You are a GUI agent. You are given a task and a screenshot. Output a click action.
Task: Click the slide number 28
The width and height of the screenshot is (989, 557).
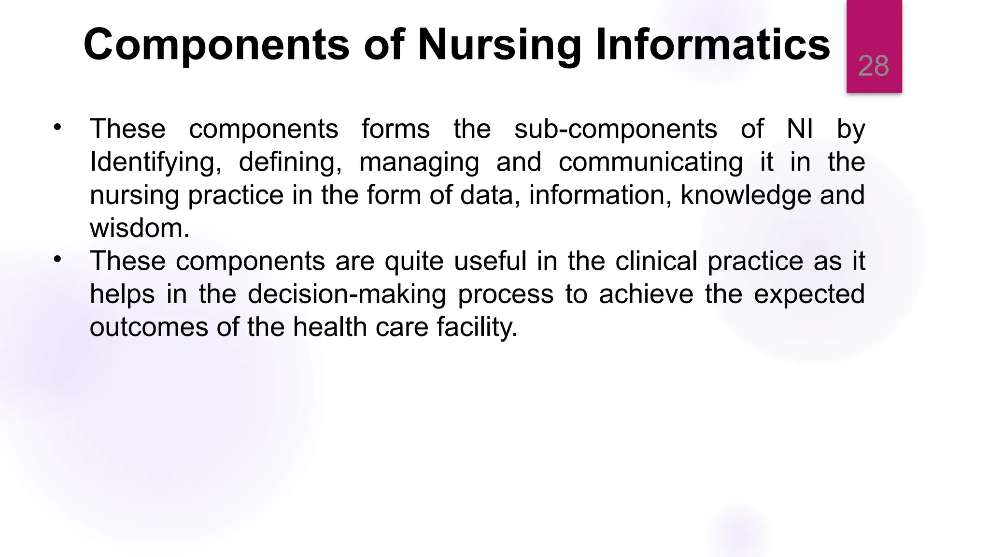873,66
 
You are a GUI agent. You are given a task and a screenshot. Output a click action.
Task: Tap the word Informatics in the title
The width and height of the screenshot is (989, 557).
712,44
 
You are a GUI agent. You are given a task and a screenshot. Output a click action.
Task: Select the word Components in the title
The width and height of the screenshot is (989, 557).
216,44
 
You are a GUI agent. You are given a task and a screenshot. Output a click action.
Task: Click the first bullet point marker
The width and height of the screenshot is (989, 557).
57,128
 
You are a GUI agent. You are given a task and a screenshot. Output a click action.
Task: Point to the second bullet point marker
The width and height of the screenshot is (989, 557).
57,260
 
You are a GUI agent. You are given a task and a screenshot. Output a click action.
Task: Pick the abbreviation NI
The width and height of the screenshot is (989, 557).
800,129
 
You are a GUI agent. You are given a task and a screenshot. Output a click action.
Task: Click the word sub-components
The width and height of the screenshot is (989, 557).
616,129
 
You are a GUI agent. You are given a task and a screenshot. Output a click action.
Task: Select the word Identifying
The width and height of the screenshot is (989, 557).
155,162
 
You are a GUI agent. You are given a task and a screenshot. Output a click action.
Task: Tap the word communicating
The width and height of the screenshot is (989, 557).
650,162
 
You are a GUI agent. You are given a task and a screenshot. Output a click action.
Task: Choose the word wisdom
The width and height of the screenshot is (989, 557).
139,228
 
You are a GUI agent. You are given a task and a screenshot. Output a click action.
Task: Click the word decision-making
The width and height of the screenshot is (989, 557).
347,294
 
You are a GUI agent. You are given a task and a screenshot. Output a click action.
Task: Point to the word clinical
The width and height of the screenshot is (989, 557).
656,261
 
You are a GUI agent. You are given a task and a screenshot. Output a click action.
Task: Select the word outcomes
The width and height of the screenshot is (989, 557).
149,327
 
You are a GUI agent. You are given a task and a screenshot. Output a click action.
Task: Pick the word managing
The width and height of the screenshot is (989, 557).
419,162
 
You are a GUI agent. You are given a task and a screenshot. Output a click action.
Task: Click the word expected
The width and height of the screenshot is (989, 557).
809,294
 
